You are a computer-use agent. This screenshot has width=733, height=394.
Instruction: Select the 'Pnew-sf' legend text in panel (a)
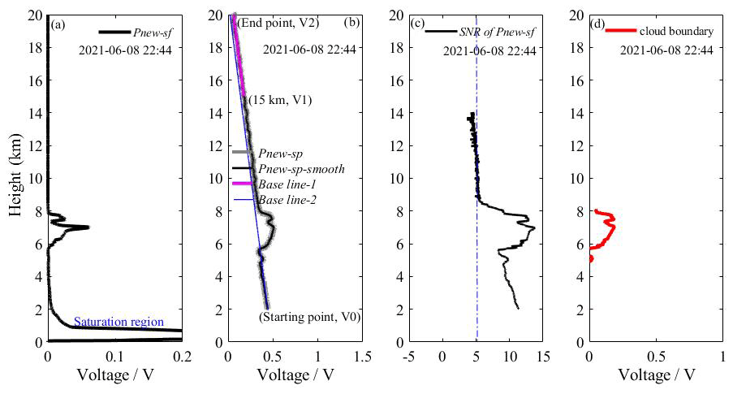coord(151,33)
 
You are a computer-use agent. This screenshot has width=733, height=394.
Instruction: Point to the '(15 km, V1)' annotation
coord(280,100)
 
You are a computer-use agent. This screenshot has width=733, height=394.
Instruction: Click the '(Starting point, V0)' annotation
coord(309,317)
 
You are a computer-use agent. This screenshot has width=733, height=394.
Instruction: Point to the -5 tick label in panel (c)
coord(409,356)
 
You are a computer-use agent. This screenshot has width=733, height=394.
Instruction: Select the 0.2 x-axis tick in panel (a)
coord(182,356)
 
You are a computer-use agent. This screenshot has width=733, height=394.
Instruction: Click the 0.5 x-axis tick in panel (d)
coord(656,356)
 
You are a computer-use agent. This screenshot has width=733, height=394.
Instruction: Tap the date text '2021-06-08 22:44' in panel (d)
coord(666,50)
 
